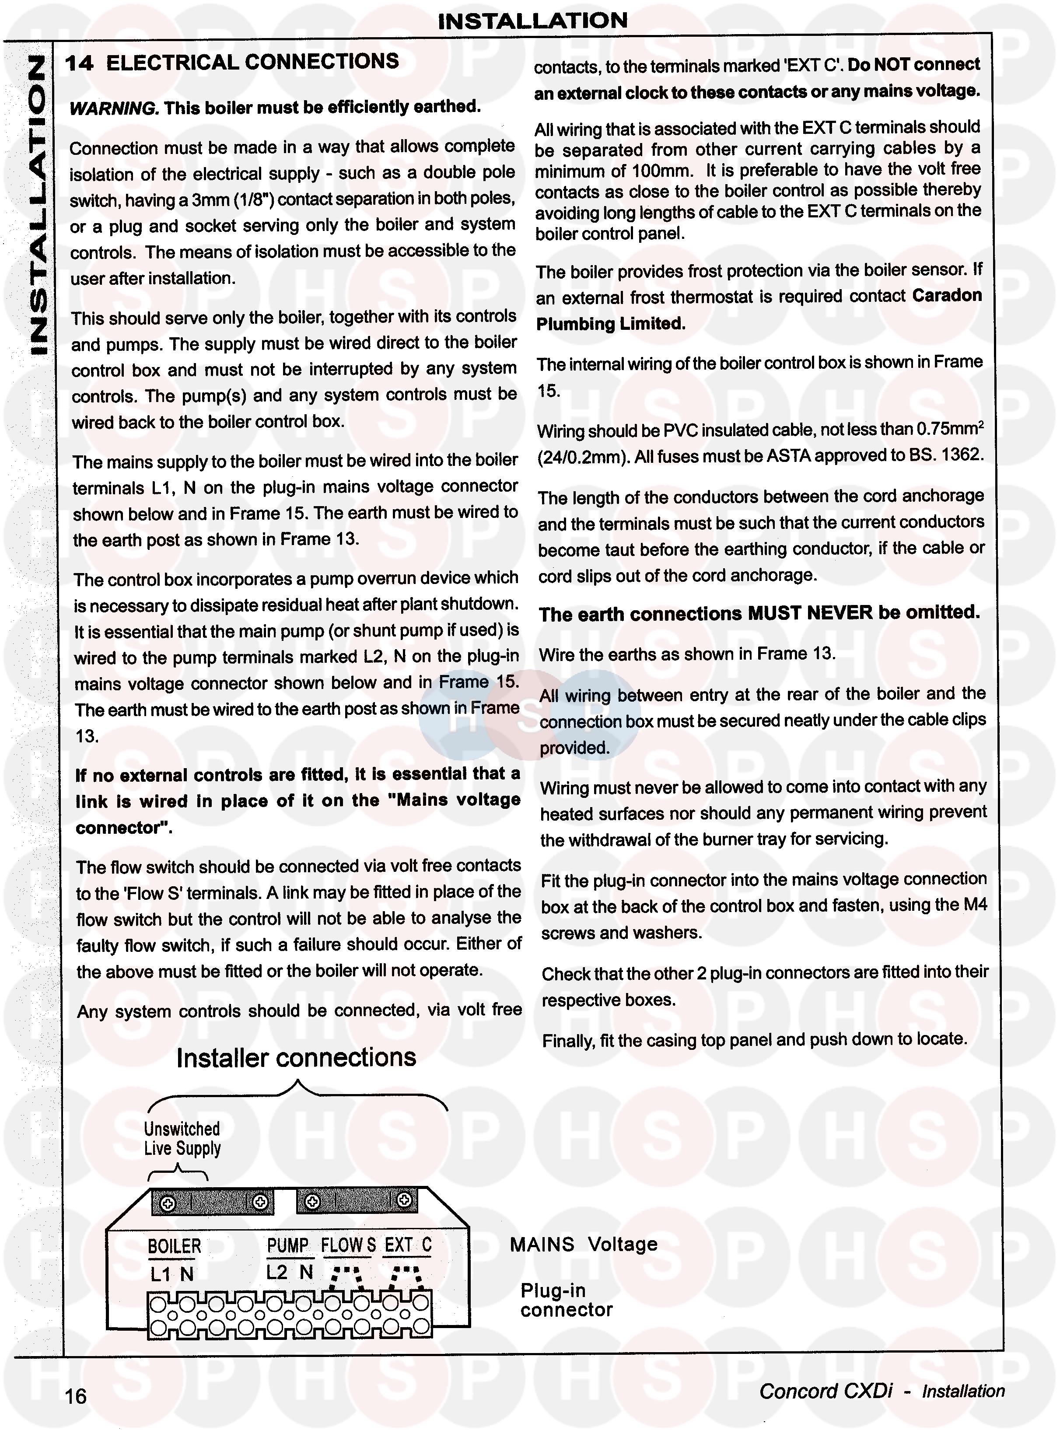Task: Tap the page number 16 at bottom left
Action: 75,1396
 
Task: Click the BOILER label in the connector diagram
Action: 174,1246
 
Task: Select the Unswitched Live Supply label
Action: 182,1139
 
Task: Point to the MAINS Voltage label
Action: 583,1245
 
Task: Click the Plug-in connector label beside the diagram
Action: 566,1300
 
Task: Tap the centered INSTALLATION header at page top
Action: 532,21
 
